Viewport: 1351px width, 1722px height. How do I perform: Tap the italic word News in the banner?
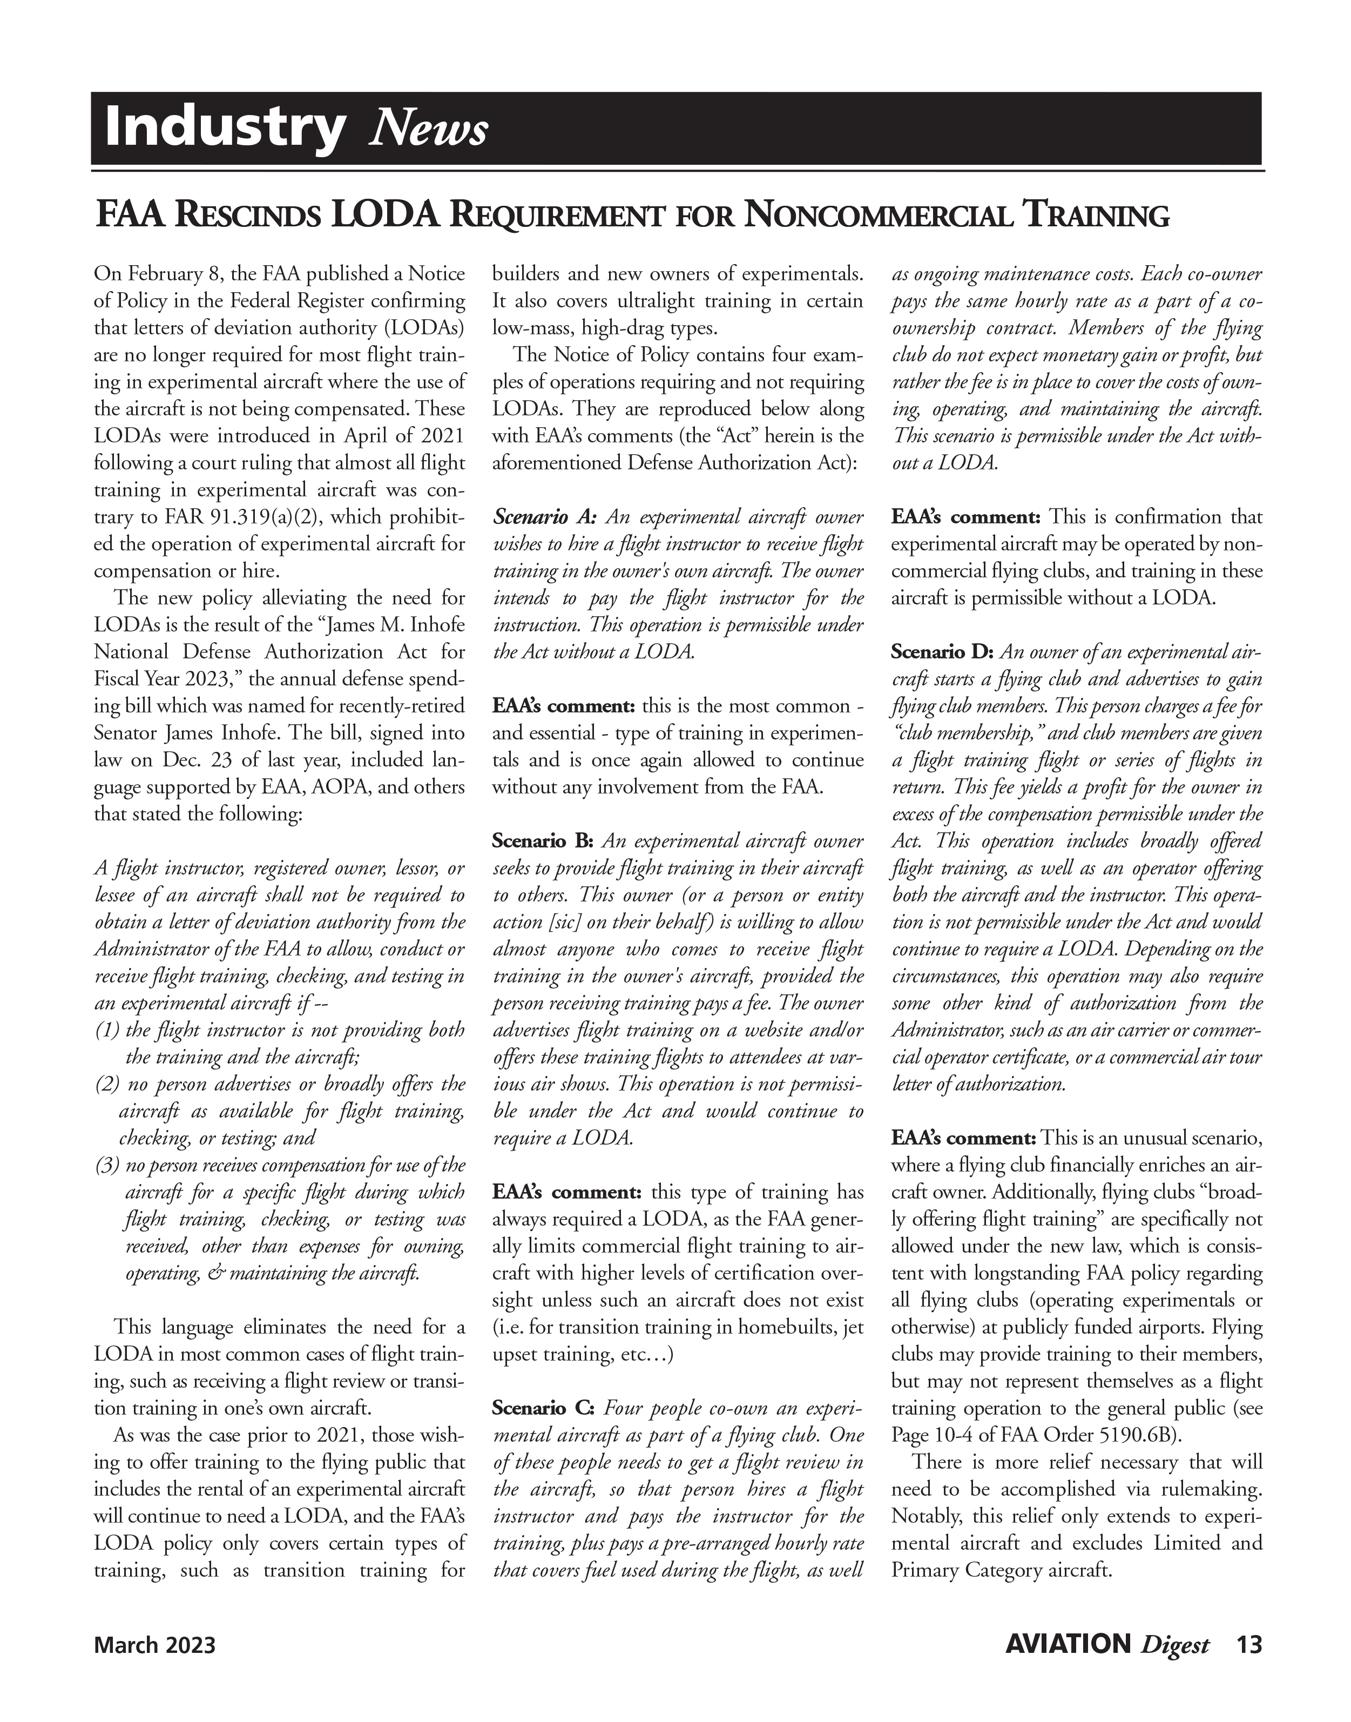click(428, 129)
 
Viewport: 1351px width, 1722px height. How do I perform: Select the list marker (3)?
click(107, 1165)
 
